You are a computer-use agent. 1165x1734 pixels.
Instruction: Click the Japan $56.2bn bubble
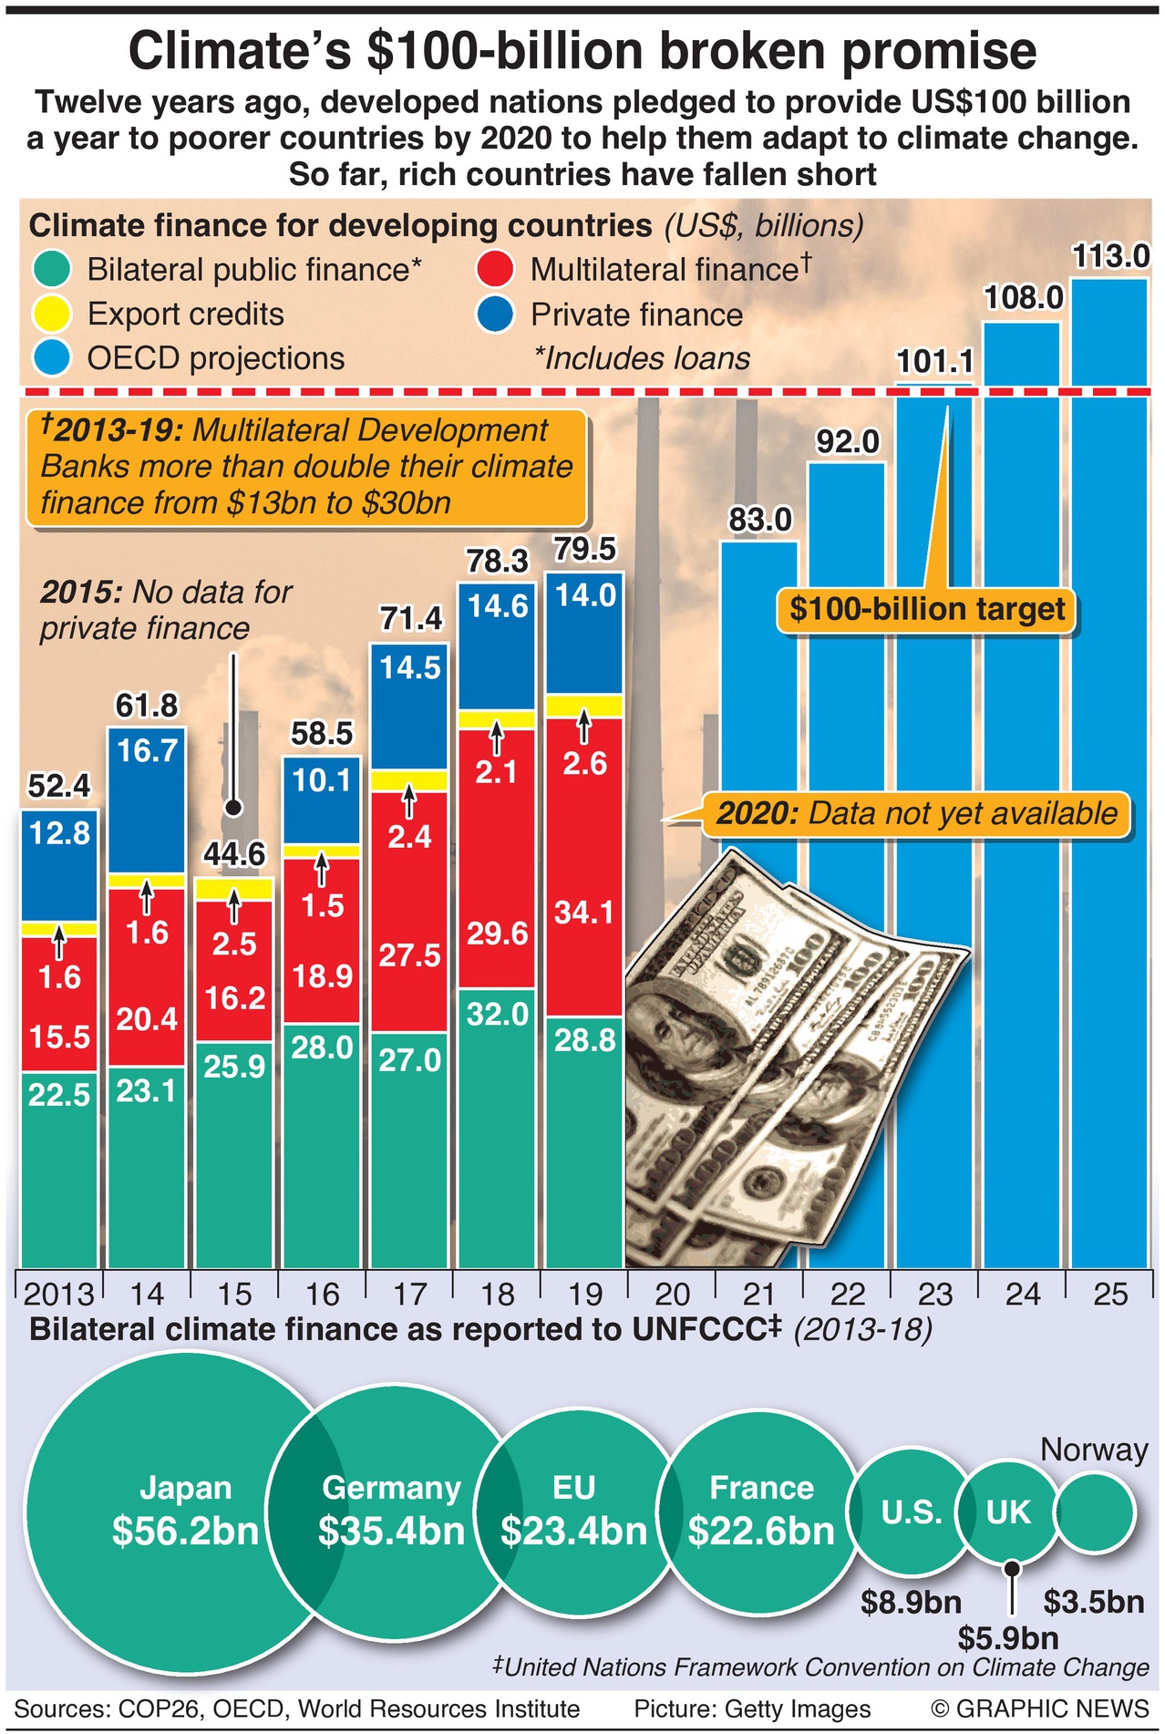[x=173, y=1513]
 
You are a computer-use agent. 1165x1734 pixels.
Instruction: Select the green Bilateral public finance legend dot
[x=53, y=270]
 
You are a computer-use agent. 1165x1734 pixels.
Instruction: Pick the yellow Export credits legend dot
[x=53, y=315]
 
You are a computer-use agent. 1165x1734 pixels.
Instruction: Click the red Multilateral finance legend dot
[x=497, y=270]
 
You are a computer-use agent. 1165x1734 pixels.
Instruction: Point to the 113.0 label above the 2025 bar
[x=1110, y=257]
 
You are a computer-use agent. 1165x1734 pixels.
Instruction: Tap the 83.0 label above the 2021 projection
[x=760, y=520]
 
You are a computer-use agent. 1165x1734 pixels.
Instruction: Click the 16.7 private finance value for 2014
[x=147, y=751]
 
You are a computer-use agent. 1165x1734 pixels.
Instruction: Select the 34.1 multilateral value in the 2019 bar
[x=584, y=912]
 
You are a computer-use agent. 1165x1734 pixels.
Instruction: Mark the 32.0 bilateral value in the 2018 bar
[x=497, y=1014]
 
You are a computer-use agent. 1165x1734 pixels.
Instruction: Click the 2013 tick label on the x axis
[x=58, y=1294]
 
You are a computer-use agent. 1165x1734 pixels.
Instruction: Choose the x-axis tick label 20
[x=673, y=1294]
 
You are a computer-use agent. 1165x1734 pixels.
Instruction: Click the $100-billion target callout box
[x=926, y=609]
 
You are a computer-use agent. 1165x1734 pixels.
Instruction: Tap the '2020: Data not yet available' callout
[x=915, y=813]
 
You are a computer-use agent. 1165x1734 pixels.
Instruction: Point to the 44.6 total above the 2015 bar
[x=234, y=854]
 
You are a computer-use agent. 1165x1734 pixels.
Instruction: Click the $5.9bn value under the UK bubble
[x=1008, y=1638]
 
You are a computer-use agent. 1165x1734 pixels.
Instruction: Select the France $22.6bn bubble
[x=761, y=1513]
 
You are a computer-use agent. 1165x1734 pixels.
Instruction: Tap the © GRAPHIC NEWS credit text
[x=1039, y=1708]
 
